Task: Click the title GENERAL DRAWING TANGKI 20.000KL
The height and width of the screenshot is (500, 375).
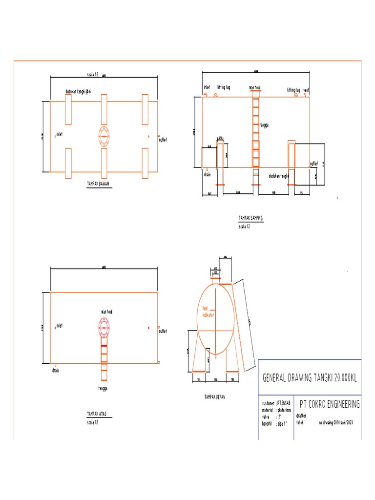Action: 309,378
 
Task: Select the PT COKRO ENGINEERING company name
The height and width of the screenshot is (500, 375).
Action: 330,404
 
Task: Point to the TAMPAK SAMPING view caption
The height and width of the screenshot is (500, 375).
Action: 250,218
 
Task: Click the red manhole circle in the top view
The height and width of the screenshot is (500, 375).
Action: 104,327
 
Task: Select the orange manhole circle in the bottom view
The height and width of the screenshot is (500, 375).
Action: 104,137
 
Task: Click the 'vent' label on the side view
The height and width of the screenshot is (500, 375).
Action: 306,90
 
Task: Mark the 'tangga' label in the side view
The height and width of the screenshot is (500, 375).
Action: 265,125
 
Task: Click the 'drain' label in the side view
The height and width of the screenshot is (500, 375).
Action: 208,174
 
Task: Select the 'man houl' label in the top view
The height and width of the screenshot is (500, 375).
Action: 107,311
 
